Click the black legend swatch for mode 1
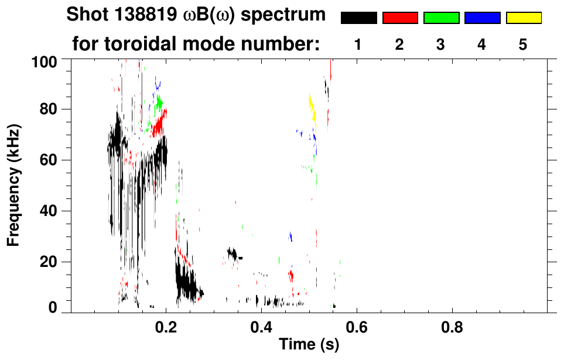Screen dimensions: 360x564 (358, 18)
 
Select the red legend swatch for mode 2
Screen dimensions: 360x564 (400, 18)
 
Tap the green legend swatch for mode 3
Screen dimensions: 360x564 (441, 18)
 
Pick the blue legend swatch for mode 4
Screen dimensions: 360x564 (482, 18)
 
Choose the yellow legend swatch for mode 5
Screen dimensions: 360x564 (524, 18)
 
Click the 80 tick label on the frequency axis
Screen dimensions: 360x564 (49, 109)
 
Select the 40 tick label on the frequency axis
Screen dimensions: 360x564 (49, 211)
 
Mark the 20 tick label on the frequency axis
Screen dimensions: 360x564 (49, 262)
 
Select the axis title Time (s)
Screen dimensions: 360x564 (309, 345)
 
